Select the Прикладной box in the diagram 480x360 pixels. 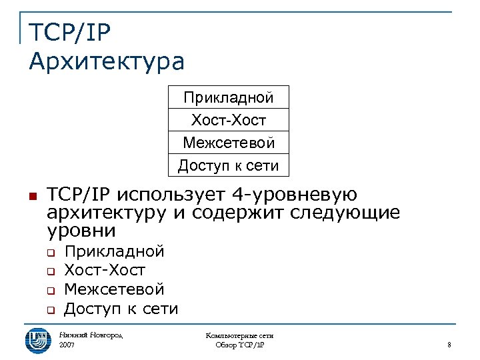(229, 97)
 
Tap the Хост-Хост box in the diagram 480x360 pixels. (229, 120)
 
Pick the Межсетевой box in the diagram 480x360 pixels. (229, 142)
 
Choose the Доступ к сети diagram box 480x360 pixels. (229, 165)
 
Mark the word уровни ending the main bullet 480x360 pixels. (82, 232)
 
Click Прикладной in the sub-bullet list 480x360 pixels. (114, 251)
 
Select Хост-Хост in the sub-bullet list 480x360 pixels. (105, 271)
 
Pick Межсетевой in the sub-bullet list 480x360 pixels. (114, 290)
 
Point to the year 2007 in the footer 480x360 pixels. (67, 345)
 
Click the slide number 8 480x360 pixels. (449, 345)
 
